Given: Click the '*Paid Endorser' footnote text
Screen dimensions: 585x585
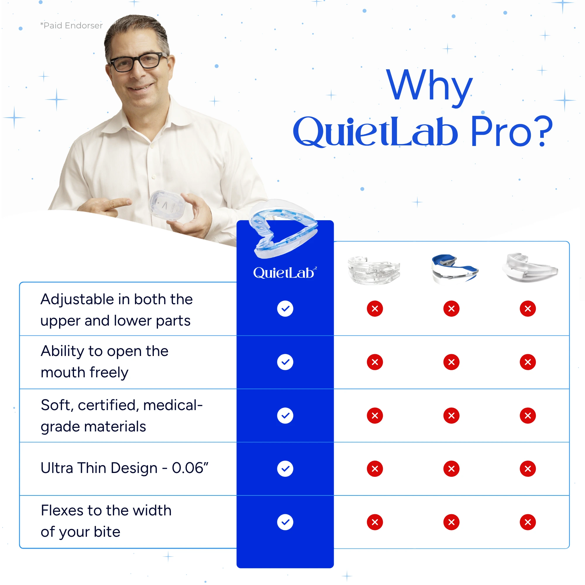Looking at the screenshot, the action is [x=71, y=25].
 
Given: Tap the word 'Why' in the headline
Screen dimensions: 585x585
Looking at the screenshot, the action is [x=429, y=86].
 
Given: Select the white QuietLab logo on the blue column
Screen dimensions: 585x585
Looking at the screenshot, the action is [x=285, y=273].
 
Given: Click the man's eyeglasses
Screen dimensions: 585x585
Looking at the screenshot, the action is [x=138, y=62].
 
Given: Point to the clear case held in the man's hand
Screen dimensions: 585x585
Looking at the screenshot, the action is [x=167, y=205].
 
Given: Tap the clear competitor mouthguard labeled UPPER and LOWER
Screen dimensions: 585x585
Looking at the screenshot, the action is [x=374, y=270].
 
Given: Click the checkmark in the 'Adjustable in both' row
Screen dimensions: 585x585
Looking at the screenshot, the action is [x=285, y=309].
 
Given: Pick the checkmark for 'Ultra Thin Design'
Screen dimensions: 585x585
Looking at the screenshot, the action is [x=285, y=469].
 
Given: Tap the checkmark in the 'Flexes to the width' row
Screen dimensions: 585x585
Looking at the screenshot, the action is [x=285, y=522].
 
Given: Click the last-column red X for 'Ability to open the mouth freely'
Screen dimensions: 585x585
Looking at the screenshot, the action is [x=528, y=362].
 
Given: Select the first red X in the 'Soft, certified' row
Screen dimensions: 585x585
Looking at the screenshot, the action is [x=375, y=415].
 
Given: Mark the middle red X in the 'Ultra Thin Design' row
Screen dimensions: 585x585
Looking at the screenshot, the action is [x=451, y=469].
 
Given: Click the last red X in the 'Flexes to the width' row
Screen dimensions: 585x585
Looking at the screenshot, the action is [x=528, y=522].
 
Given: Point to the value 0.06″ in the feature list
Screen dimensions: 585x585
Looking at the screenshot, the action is [x=190, y=468].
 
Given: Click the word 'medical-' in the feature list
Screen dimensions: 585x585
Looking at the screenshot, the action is [x=173, y=405].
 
